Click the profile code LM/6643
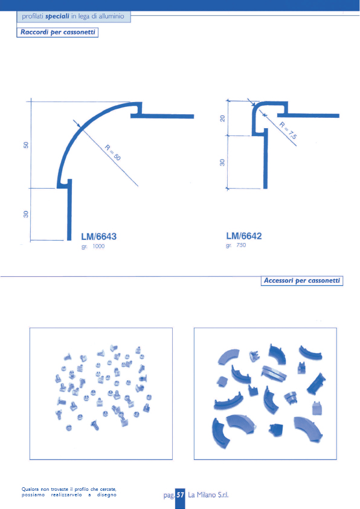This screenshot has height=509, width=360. click(x=98, y=236)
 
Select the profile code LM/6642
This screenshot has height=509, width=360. click(x=244, y=236)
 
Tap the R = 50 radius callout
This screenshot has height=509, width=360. click(x=113, y=152)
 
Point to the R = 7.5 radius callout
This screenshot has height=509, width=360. click(x=288, y=130)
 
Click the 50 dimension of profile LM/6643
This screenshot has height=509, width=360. click(x=26, y=145)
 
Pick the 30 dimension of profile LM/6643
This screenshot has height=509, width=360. click(x=26, y=214)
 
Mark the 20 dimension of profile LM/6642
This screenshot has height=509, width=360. click(x=222, y=118)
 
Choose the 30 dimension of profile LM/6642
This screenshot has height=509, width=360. click(x=222, y=162)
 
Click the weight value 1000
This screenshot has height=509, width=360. click(x=98, y=247)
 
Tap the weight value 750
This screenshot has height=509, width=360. click(x=241, y=245)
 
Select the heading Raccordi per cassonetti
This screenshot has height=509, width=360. click(x=58, y=32)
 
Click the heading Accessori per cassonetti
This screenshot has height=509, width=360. click(x=302, y=280)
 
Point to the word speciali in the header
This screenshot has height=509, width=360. click(x=57, y=16)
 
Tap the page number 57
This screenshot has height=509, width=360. click(x=181, y=495)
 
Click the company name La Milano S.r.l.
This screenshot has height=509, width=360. click(x=208, y=495)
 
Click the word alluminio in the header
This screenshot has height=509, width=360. click(x=111, y=16)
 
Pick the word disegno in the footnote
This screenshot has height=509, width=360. click(x=107, y=495)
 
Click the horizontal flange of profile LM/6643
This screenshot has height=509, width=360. click(x=162, y=116)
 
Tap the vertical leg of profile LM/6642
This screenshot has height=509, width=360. click(x=265, y=158)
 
